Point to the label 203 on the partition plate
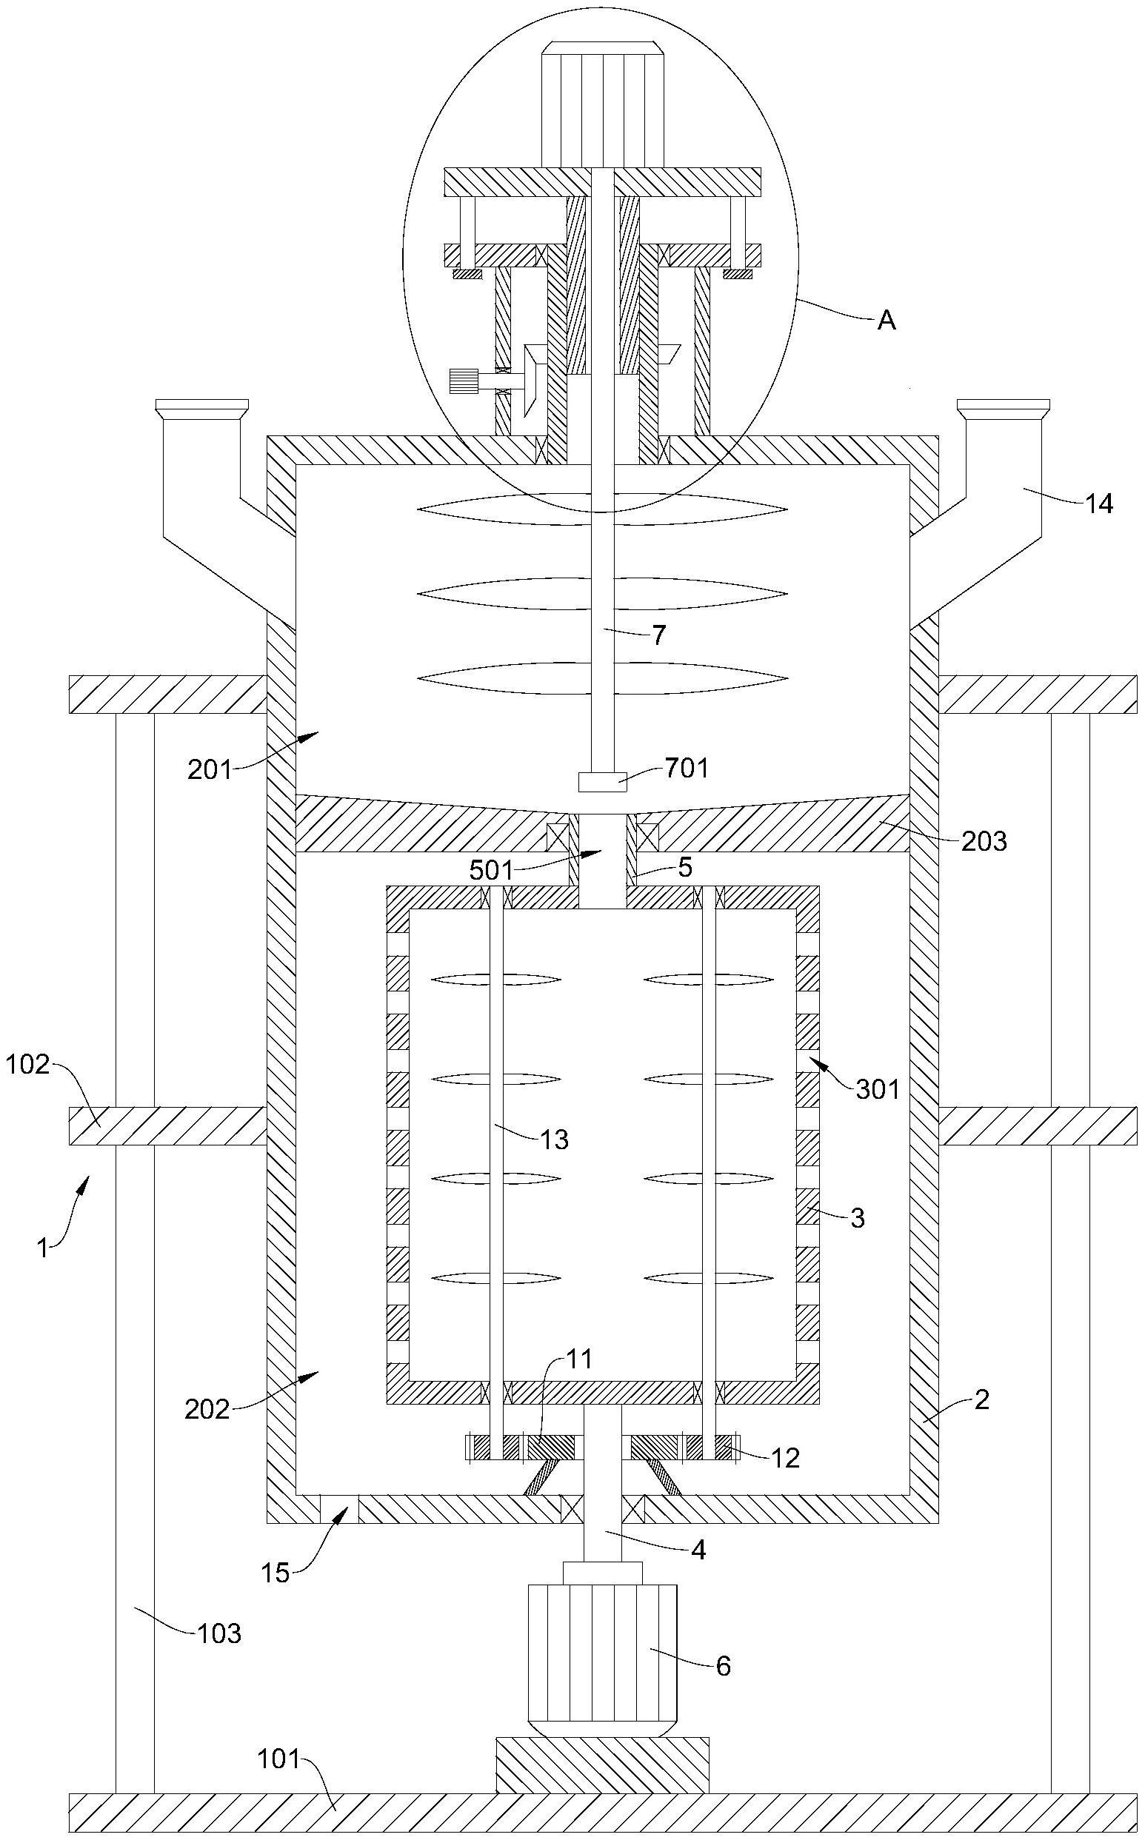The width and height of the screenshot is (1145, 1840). click(984, 841)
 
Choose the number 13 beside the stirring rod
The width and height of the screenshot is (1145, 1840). click(554, 1139)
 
